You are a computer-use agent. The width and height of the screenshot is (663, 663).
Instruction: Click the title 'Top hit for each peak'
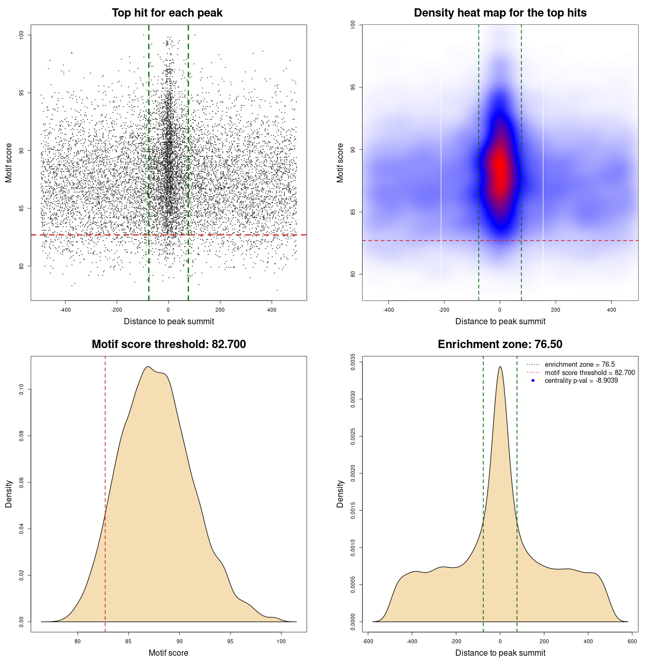point(167,13)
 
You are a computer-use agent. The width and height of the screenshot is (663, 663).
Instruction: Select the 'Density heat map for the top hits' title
point(500,13)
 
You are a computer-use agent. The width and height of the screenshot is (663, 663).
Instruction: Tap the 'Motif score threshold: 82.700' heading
point(168,344)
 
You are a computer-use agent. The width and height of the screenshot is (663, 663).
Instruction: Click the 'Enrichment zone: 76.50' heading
point(500,344)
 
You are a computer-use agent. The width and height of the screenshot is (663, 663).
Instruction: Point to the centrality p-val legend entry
point(581,381)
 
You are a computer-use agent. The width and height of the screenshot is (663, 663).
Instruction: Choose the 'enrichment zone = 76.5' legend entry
point(579,365)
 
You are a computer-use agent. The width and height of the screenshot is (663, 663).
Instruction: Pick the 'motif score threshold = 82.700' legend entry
point(589,373)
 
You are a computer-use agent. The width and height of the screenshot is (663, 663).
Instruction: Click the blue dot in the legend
point(533,381)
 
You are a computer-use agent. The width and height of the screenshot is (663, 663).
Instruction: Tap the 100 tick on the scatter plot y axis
point(22,35)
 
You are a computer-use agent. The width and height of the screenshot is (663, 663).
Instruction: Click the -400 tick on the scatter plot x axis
point(65,310)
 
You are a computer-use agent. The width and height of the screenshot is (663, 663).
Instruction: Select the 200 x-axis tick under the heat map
point(556,310)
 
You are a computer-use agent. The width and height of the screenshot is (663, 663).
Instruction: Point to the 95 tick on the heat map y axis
point(353,87)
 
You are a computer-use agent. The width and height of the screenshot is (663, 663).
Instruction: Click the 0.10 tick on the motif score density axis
point(22,389)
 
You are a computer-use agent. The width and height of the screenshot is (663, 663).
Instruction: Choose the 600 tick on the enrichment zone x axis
point(632,641)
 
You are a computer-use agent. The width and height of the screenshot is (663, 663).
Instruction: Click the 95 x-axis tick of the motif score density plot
point(230,641)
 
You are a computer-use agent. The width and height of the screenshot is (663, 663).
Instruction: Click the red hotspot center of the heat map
point(500,171)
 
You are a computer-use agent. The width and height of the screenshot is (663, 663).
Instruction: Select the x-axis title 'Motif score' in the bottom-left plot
point(168,653)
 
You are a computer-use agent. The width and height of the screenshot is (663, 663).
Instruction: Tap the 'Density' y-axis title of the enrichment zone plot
point(340,494)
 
